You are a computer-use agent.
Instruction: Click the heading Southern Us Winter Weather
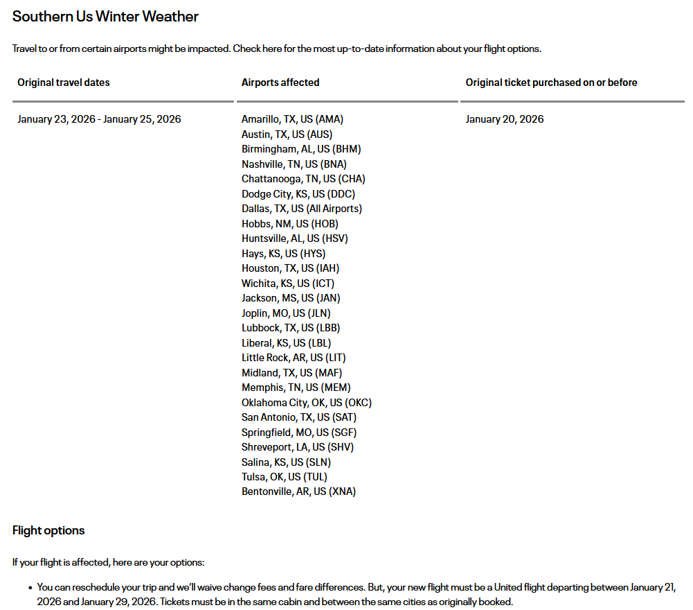[105, 17]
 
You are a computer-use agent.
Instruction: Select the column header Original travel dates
[64, 82]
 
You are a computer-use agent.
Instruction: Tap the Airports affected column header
[280, 82]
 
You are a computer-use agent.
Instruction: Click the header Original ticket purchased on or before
[551, 82]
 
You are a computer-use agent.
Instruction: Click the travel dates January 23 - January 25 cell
[99, 119]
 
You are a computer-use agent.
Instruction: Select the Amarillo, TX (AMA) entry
[292, 119]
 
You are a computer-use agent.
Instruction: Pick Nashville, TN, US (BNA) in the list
[294, 164]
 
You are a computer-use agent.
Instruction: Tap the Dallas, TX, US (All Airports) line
[302, 209]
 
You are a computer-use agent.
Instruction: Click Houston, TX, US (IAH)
[290, 268]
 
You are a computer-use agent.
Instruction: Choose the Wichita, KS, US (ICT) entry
[288, 284]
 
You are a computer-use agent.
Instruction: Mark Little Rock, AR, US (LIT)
[294, 358]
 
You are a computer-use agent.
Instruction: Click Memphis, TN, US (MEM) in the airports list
[296, 387]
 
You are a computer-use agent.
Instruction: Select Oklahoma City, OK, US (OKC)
[307, 403]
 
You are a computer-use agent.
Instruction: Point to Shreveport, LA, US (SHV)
[298, 447]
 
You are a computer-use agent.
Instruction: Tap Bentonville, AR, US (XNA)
[299, 491]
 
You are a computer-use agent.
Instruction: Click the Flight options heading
[48, 531]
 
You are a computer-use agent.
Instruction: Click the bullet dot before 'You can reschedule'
[30, 588]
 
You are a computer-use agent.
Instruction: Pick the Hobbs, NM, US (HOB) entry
[290, 224]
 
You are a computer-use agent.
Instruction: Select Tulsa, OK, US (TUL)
[285, 477]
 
